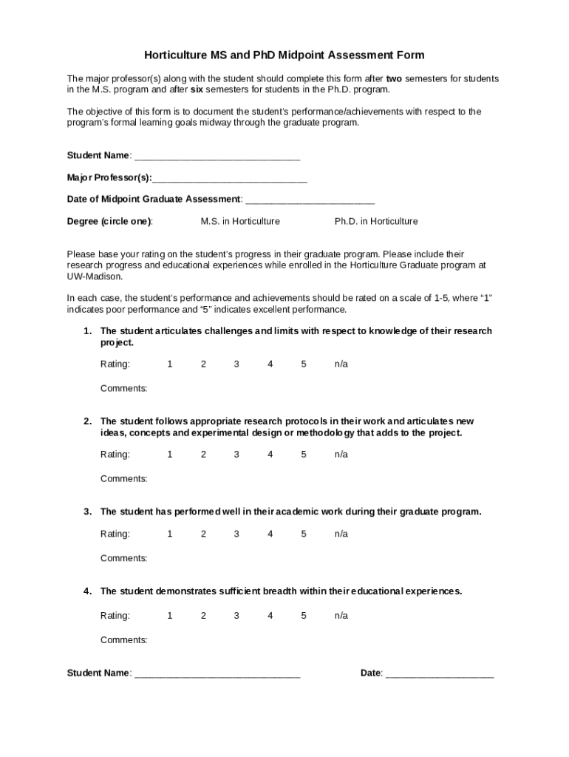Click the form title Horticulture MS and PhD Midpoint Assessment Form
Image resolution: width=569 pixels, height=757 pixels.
284,55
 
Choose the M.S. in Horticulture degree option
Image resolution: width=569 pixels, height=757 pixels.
240,222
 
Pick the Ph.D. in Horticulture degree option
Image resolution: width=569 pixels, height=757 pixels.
376,222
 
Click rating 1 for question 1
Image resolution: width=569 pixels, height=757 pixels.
170,364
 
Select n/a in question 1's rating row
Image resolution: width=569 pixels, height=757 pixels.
341,364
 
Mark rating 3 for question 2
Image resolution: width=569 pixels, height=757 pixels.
236,455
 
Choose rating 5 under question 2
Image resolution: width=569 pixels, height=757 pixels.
304,455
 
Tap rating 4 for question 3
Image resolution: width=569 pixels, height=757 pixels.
270,534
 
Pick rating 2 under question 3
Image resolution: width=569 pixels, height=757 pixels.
203,534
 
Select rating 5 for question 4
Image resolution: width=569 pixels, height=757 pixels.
304,616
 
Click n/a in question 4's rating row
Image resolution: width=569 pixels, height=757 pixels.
341,616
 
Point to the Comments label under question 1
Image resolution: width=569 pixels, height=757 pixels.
124,389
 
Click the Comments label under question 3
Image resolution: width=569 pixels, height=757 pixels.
124,558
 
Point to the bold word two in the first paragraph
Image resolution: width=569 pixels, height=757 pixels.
394,78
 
